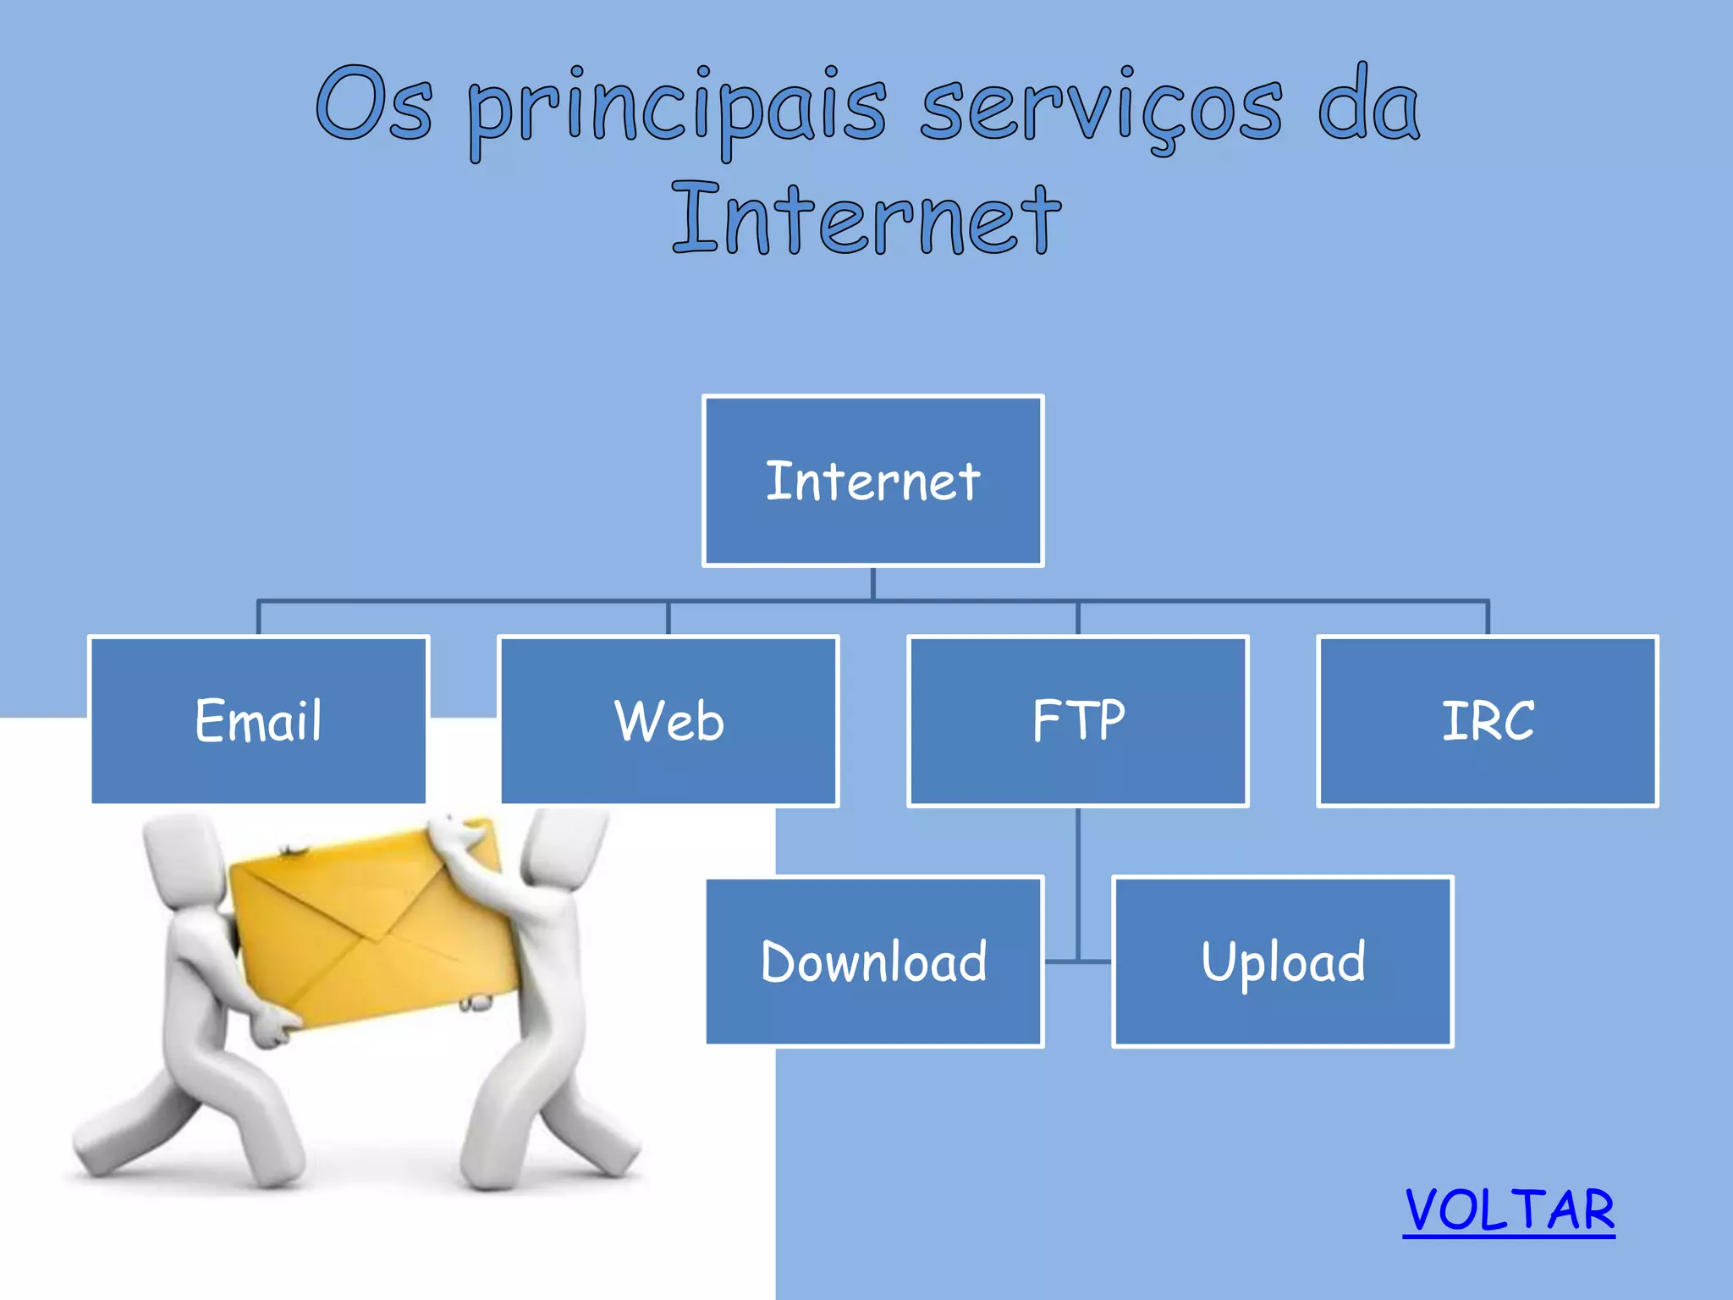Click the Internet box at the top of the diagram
872,481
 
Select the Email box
258,720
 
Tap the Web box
668,720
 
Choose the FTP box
1078,720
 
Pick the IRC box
1488,720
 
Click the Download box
874,961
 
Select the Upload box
1283,961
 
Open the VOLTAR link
1509,1210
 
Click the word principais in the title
677,108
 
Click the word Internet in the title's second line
866,219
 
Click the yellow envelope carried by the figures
372,923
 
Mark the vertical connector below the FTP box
1078,880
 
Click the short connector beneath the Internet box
872,583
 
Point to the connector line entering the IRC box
1488,618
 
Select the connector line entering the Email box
258,618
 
